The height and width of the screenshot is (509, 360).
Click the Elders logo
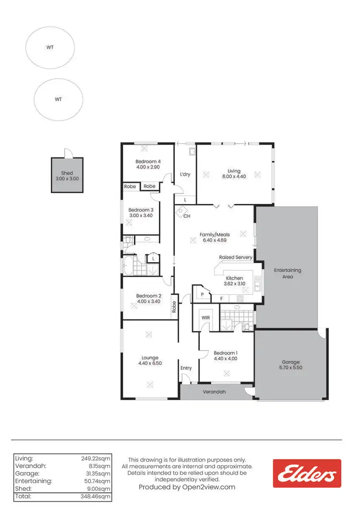tap(307, 474)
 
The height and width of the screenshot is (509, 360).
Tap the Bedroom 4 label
tap(148, 161)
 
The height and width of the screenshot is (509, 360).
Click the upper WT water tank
tap(50, 48)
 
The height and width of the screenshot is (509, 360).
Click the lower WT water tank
tap(58, 99)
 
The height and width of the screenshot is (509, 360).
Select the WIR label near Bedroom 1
tap(205, 318)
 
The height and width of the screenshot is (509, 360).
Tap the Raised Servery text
tap(236, 257)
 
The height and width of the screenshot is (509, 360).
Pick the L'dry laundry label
tap(185, 174)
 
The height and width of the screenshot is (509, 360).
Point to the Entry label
tap(186, 368)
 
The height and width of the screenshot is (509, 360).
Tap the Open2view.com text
tap(207, 487)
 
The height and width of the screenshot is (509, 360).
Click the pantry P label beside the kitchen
tap(203, 294)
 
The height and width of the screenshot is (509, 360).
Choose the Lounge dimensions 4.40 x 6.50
tap(150, 364)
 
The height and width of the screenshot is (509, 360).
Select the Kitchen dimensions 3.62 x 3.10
tap(234, 284)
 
